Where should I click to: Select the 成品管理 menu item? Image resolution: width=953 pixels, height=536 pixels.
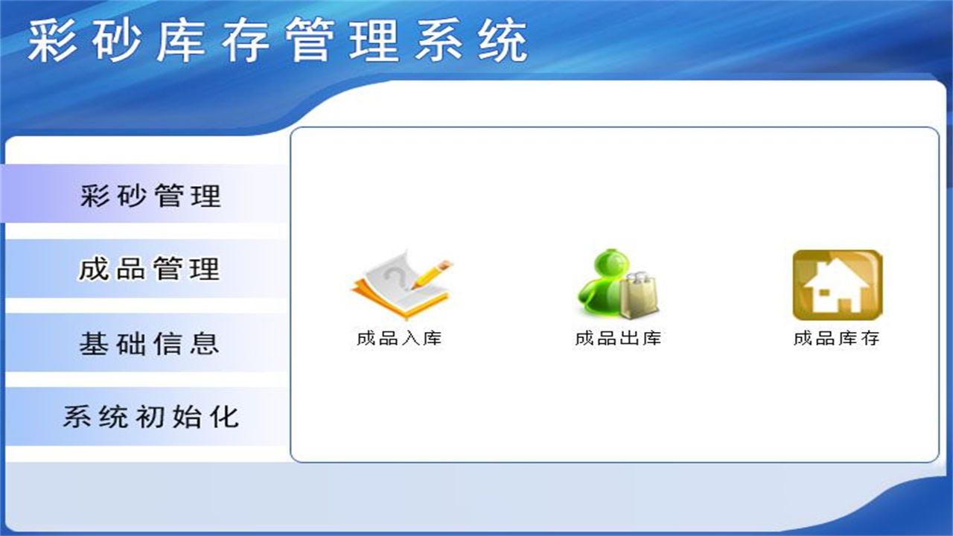point(149,269)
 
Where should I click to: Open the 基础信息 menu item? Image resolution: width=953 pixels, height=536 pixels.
point(149,343)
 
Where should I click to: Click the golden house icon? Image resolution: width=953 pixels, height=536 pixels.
point(837,285)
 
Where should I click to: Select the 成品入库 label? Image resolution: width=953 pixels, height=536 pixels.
point(399,339)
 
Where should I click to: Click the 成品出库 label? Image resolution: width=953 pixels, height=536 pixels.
point(618,339)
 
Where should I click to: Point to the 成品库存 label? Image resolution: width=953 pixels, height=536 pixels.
point(837,339)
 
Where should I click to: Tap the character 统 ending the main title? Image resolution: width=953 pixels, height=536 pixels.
point(503,40)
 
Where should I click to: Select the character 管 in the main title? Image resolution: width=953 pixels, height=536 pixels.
point(310,40)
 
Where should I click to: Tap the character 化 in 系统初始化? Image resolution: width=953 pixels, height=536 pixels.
point(223,416)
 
